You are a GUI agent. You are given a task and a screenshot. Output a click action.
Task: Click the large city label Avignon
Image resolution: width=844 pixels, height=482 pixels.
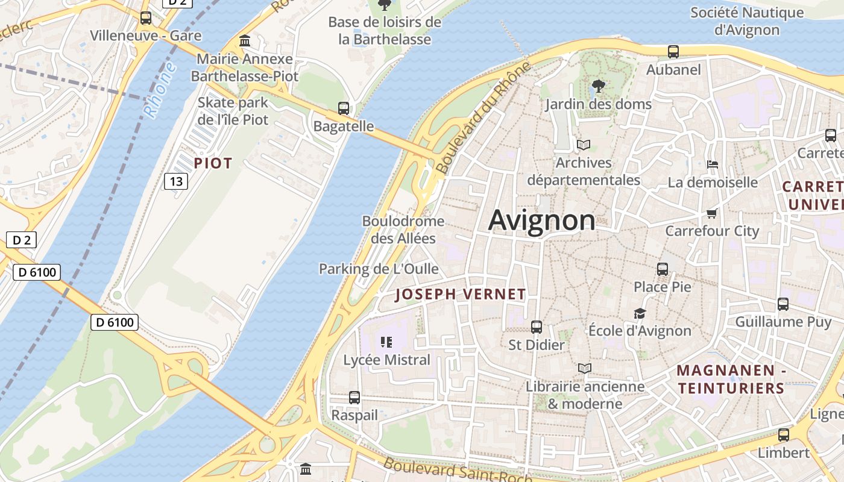click(x=541, y=220)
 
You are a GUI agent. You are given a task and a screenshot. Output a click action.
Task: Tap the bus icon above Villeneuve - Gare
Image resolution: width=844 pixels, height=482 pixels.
click(x=146, y=18)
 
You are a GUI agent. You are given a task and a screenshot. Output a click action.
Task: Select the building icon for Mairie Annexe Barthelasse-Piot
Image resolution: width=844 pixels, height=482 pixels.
click(x=245, y=41)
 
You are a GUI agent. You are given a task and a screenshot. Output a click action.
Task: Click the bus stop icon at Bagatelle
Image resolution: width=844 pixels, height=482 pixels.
click(x=344, y=108)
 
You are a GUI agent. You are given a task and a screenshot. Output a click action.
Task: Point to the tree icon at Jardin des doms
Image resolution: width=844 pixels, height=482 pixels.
click(x=598, y=86)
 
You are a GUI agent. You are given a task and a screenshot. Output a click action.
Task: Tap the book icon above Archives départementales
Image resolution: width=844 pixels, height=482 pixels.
click(x=583, y=145)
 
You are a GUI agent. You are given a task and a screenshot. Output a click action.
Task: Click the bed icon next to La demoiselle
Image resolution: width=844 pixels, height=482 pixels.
click(x=712, y=164)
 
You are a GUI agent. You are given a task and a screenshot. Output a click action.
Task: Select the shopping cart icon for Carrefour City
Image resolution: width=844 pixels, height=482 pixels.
click(x=711, y=213)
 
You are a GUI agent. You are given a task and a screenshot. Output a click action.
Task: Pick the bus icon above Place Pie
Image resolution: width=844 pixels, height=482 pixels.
click(x=663, y=269)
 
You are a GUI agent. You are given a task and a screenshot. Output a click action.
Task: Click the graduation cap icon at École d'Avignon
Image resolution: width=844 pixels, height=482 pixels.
click(x=640, y=313)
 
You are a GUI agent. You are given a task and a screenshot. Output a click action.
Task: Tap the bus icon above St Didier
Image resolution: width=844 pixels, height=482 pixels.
click(x=537, y=327)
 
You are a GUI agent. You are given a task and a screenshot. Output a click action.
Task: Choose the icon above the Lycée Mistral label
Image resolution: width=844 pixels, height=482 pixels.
click(x=386, y=343)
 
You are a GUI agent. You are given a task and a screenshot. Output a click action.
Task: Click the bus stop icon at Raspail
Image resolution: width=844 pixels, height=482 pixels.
click(x=354, y=398)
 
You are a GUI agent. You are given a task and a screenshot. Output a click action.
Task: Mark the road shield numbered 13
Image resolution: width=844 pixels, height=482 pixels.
click(x=176, y=181)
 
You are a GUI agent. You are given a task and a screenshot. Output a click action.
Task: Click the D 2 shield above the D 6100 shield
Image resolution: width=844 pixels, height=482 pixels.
click(x=22, y=240)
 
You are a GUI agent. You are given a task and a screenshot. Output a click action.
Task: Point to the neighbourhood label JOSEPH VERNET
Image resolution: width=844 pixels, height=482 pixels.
click(x=461, y=295)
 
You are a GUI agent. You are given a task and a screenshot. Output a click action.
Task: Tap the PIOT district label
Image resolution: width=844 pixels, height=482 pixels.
click(x=213, y=163)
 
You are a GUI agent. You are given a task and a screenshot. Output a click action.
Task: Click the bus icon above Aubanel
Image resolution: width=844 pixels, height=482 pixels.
click(x=673, y=52)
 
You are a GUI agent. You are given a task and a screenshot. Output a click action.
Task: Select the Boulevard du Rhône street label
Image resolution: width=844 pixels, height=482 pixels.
click(x=484, y=118)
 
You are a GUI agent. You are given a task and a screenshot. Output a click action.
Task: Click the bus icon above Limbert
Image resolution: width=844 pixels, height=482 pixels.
click(x=784, y=435)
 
